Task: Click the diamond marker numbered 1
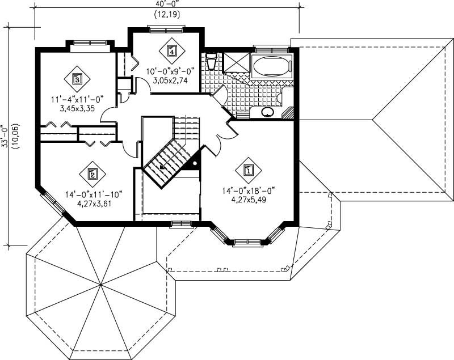(248, 169)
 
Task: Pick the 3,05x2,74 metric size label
(171, 81)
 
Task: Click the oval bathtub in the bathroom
(271, 67)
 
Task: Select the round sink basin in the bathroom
(267, 112)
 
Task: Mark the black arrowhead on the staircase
(163, 167)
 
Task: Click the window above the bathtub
(271, 50)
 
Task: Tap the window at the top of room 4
(165, 26)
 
